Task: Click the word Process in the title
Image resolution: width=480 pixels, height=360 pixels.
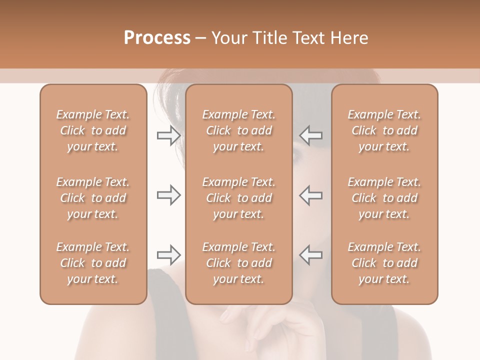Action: (x=157, y=38)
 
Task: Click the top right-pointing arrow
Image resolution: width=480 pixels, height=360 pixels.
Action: (x=168, y=135)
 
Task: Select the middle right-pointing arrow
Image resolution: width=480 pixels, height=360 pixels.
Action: (x=168, y=195)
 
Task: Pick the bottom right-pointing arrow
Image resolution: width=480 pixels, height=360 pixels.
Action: (x=168, y=255)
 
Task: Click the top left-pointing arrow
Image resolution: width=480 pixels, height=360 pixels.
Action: (x=310, y=135)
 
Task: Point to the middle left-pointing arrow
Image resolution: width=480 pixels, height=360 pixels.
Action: (x=310, y=195)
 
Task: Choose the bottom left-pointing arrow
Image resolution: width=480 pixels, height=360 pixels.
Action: (x=310, y=255)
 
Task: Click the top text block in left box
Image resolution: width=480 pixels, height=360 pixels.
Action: (x=93, y=130)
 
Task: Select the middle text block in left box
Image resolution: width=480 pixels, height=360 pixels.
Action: (x=93, y=198)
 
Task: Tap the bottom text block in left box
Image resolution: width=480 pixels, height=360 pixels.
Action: (x=93, y=263)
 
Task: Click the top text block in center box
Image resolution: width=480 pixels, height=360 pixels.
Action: (x=238, y=130)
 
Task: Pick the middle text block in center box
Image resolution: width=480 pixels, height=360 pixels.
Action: (x=238, y=198)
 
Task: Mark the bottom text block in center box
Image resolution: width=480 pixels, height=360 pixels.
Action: (x=238, y=263)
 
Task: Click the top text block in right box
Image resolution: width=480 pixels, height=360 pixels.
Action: (x=384, y=130)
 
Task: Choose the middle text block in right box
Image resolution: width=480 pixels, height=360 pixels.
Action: (x=384, y=198)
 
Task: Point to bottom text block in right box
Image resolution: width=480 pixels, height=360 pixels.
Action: (x=384, y=263)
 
